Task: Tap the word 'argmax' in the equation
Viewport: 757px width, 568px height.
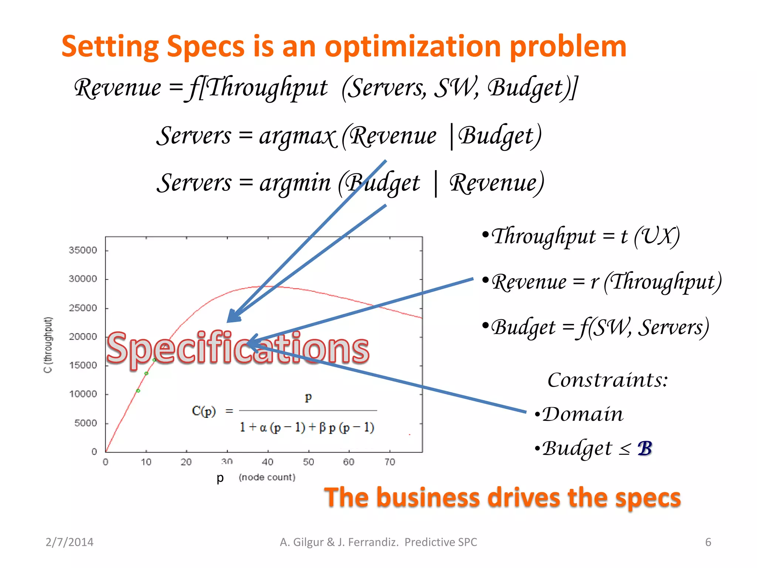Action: [x=298, y=136]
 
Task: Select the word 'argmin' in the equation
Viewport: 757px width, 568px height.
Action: [x=295, y=183]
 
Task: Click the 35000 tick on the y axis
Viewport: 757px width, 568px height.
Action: [x=83, y=250]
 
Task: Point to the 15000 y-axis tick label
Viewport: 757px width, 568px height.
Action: [x=83, y=365]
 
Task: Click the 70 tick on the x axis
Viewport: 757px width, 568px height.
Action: [x=390, y=462]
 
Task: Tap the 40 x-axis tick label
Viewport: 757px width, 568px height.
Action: [x=267, y=462]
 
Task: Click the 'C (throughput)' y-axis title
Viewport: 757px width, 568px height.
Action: [x=48, y=345]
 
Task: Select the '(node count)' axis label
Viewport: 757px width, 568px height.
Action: [x=267, y=477]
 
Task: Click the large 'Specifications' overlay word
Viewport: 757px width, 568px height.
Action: [x=237, y=348]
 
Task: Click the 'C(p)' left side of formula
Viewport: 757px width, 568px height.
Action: [x=204, y=411]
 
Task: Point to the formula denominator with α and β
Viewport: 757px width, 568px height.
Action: [x=307, y=427]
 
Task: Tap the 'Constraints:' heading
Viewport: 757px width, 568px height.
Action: [x=607, y=380]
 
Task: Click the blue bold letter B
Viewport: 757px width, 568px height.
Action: [x=644, y=449]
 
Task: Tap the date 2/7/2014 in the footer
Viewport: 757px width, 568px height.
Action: [x=69, y=542]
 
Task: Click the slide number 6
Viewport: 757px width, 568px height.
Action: [x=708, y=542]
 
